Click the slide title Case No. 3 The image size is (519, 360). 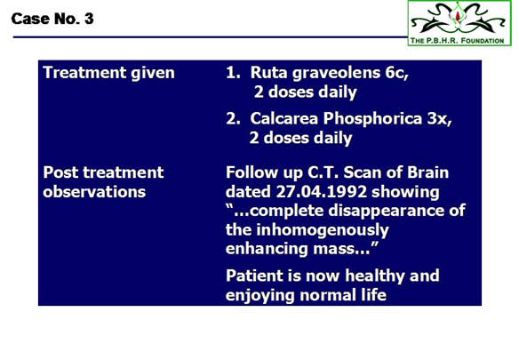click(x=52, y=19)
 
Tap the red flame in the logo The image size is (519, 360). click(x=458, y=16)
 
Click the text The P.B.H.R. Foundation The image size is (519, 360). click(x=457, y=41)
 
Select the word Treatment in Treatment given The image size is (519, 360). click(x=84, y=72)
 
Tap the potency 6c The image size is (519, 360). click(x=396, y=73)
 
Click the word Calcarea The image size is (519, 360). click(x=283, y=118)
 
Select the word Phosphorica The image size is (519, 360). click(x=372, y=119)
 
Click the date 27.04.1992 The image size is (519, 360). click(x=321, y=191)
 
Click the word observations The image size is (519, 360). click(x=94, y=192)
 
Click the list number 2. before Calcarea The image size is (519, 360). click(x=233, y=118)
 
